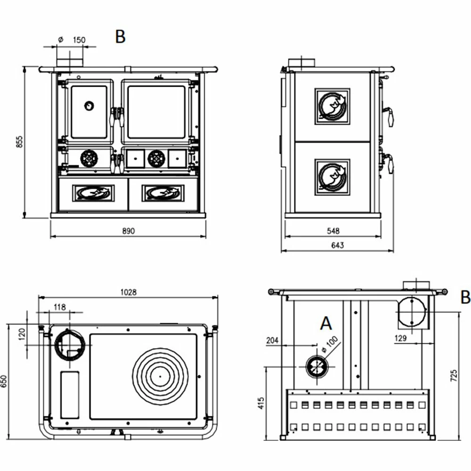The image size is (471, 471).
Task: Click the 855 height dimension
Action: [x=19, y=141]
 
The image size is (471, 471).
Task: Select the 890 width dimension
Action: [x=128, y=231]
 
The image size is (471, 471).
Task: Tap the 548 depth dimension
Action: [x=333, y=231]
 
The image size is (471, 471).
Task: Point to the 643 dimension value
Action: [x=337, y=245]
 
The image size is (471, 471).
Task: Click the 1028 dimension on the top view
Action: [x=128, y=292]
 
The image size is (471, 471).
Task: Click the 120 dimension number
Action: [x=20, y=335]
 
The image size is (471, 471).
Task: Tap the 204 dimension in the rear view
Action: [x=272, y=341]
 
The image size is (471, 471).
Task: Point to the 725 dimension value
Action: [x=454, y=375]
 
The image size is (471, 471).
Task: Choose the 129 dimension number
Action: [x=400, y=337]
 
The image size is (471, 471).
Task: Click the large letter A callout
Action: [x=326, y=324]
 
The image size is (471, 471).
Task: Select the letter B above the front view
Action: [x=120, y=37]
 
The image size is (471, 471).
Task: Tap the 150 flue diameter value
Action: [x=79, y=40]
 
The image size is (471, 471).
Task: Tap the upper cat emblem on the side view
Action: [x=333, y=106]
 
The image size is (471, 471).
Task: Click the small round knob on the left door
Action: [x=88, y=106]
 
